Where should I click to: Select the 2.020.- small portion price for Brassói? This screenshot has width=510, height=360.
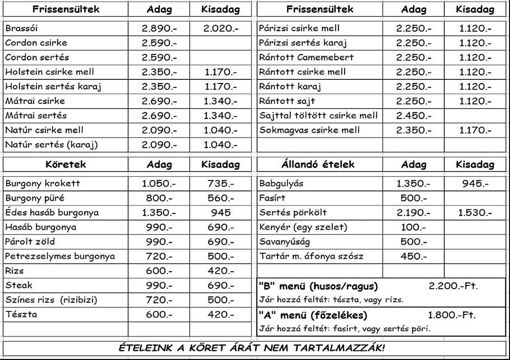(221, 28)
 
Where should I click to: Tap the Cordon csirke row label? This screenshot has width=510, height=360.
(36, 43)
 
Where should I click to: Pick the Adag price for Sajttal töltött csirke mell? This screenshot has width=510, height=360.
(414, 116)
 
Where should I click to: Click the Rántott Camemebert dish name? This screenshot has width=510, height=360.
(306, 58)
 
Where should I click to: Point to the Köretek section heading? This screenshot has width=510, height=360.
(66, 165)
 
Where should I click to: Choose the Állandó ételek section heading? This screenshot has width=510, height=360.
(318, 165)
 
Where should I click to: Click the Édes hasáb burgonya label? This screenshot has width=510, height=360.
(52, 213)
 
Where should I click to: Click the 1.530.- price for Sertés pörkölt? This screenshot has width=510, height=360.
(475, 213)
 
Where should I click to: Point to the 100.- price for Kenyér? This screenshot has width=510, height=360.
(413, 227)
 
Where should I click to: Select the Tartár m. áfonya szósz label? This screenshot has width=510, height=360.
(311, 257)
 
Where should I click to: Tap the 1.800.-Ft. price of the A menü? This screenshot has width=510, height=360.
(452, 315)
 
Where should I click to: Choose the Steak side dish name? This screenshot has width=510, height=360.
(19, 285)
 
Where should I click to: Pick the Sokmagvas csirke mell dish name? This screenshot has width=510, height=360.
(309, 130)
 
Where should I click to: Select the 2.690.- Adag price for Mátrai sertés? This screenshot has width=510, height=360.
(159, 116)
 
